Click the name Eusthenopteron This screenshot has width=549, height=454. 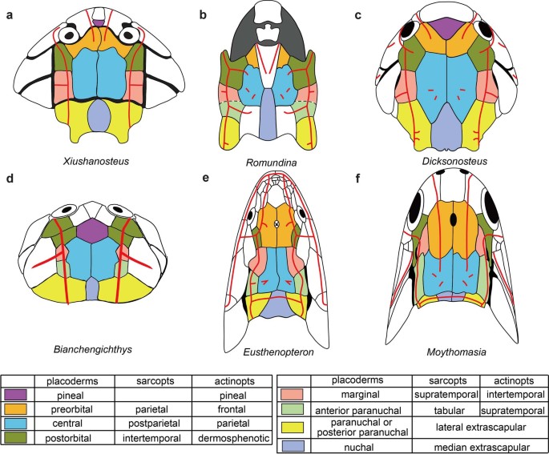tap(276, 350)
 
